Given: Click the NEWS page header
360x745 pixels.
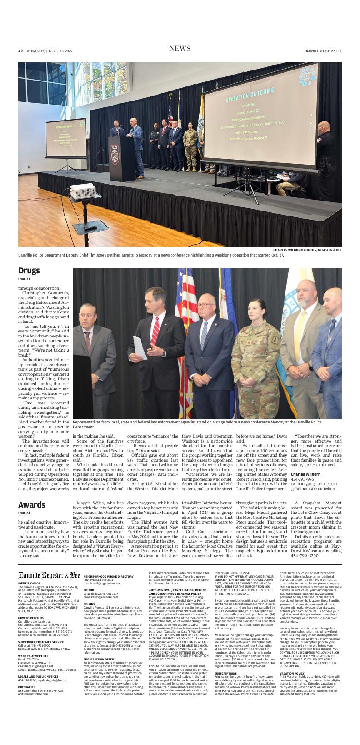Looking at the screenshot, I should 180,49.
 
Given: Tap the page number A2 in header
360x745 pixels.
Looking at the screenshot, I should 20,51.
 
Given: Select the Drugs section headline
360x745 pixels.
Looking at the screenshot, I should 29,271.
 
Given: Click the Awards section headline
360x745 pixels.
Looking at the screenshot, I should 32,504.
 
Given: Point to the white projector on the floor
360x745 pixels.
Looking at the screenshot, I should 85,191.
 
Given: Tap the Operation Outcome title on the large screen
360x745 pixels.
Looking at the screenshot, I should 250,98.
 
